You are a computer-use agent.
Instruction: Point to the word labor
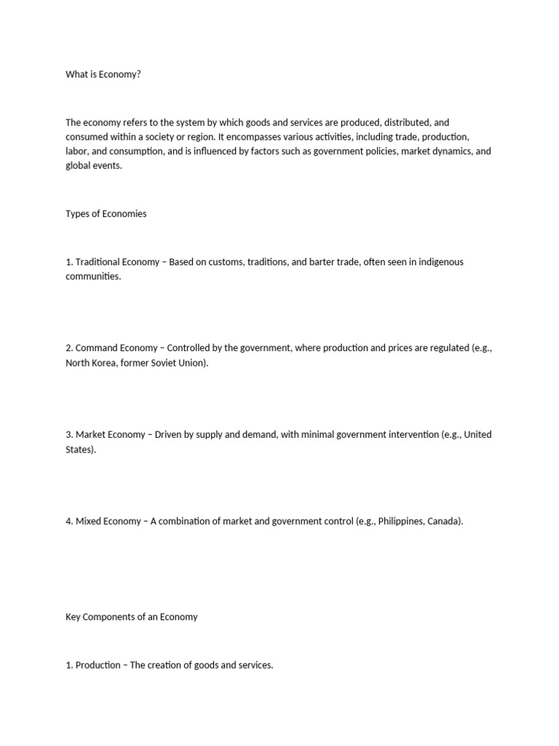pyautogui.click(x=76, y=152)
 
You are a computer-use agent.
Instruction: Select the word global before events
pyautogui.click(x=79, y=165)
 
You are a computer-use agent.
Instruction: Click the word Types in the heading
pyautogui.click(x=78, y=213)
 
